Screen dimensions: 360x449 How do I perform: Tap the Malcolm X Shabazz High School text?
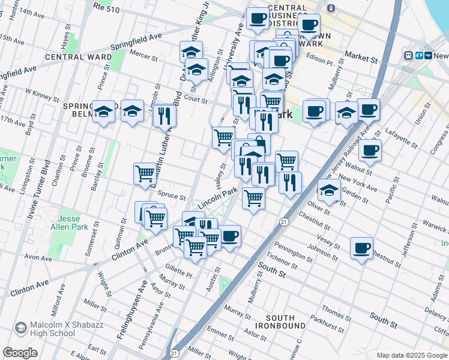tap(53, 329)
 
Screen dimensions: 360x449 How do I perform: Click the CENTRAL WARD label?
tap(77, 57)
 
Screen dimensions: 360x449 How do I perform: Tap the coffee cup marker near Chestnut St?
tap(361, 248)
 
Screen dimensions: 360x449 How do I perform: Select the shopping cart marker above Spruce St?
tap(145, 174)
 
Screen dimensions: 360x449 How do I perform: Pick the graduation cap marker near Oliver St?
tap(328, 190)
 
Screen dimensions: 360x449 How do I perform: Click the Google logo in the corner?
tap(20, 353)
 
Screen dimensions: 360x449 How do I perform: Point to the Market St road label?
tap(360, 59)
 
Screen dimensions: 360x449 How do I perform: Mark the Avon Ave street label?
tap(38, 258)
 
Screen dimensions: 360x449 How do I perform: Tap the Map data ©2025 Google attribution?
tap(411, 355)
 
